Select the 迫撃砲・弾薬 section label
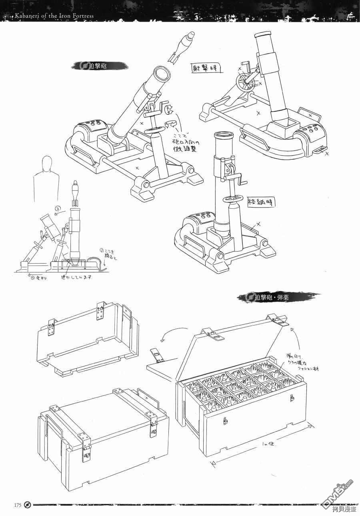272,297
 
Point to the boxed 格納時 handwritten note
261,202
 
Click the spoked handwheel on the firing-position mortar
245,84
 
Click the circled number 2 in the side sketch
57,208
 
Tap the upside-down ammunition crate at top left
86,336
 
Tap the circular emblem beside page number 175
27,504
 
